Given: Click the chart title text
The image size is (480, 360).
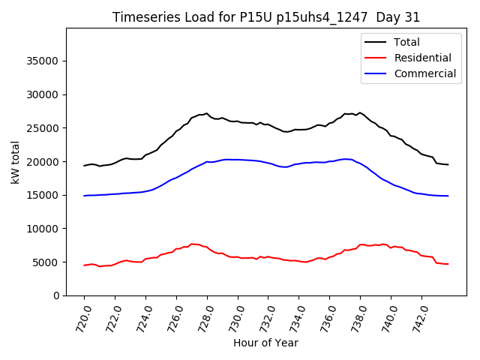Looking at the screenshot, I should point(265,17).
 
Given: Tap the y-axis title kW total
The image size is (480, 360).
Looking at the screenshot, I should point(16,161).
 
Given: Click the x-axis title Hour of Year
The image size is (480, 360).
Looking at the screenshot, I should point(265,343).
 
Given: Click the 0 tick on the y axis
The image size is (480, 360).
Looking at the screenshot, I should point(57,295).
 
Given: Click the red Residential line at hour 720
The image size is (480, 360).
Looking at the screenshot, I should point(85,265).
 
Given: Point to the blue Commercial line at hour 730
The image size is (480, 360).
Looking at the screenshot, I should point(238,160).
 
